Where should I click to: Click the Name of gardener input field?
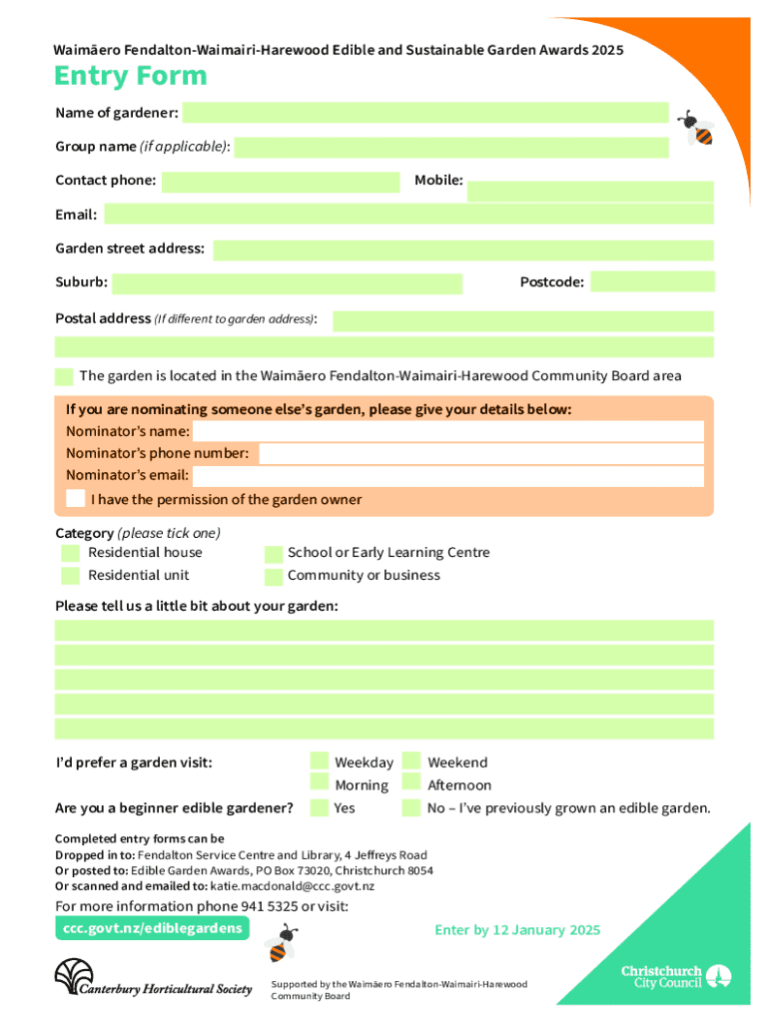[x=424, y=112]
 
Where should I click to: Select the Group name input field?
[x=451, y=148]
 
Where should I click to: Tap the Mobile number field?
[x=590, y=191]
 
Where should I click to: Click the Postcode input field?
[x=652, y=282]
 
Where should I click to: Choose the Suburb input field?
[x=288, y=283]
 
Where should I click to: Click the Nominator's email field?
[x=448, y=476]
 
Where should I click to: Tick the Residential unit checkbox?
[x=70, y=576]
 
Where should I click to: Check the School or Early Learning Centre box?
[x=273, y=554]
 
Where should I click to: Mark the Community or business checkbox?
[x=273, y=577]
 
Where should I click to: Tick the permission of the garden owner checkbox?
[x=75, y=498]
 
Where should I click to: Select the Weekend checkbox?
[x=411, y=762]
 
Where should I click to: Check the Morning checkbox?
[x=320, y=784]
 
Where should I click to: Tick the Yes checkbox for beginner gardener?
[x=320, y=807]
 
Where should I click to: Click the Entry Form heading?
[x=131, y=76]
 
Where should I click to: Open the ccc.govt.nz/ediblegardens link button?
[x=150, y=928]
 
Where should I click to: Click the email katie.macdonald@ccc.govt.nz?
[x=292, y=886]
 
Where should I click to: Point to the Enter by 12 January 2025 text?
[x=517, y=930]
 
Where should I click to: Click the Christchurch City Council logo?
[x=676, y=976]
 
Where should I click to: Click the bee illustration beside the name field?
[x=696, y=128]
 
